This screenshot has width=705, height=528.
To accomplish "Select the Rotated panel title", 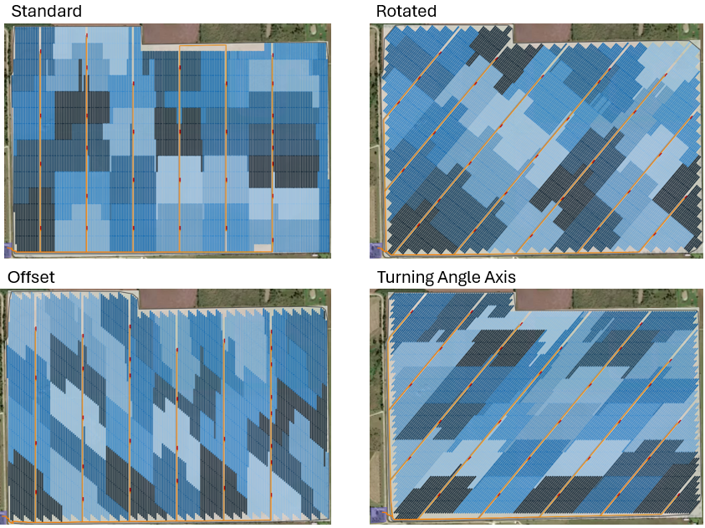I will pyautogui.click(x=406, y=11).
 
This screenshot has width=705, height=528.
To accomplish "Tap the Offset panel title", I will pyautogui.click(x=31, y=277).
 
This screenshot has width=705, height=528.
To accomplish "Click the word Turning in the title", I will pyautogui.click(x=408, y=277).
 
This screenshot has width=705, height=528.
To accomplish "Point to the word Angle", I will pyautogui.click(x=467, y=277).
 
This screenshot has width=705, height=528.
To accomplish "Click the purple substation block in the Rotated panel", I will pyautogui.click(x=376, y=249).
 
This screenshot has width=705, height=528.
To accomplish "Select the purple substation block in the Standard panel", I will pyautogui.click(x=9, y=249).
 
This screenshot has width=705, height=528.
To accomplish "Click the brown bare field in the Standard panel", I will pyautogui.click(x=171, y=33).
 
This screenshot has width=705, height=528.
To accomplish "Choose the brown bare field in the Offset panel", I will pyautogui.click(x=171, y=299).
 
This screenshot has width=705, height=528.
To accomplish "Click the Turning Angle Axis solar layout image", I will pyautogui.click(x=535, y=407).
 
